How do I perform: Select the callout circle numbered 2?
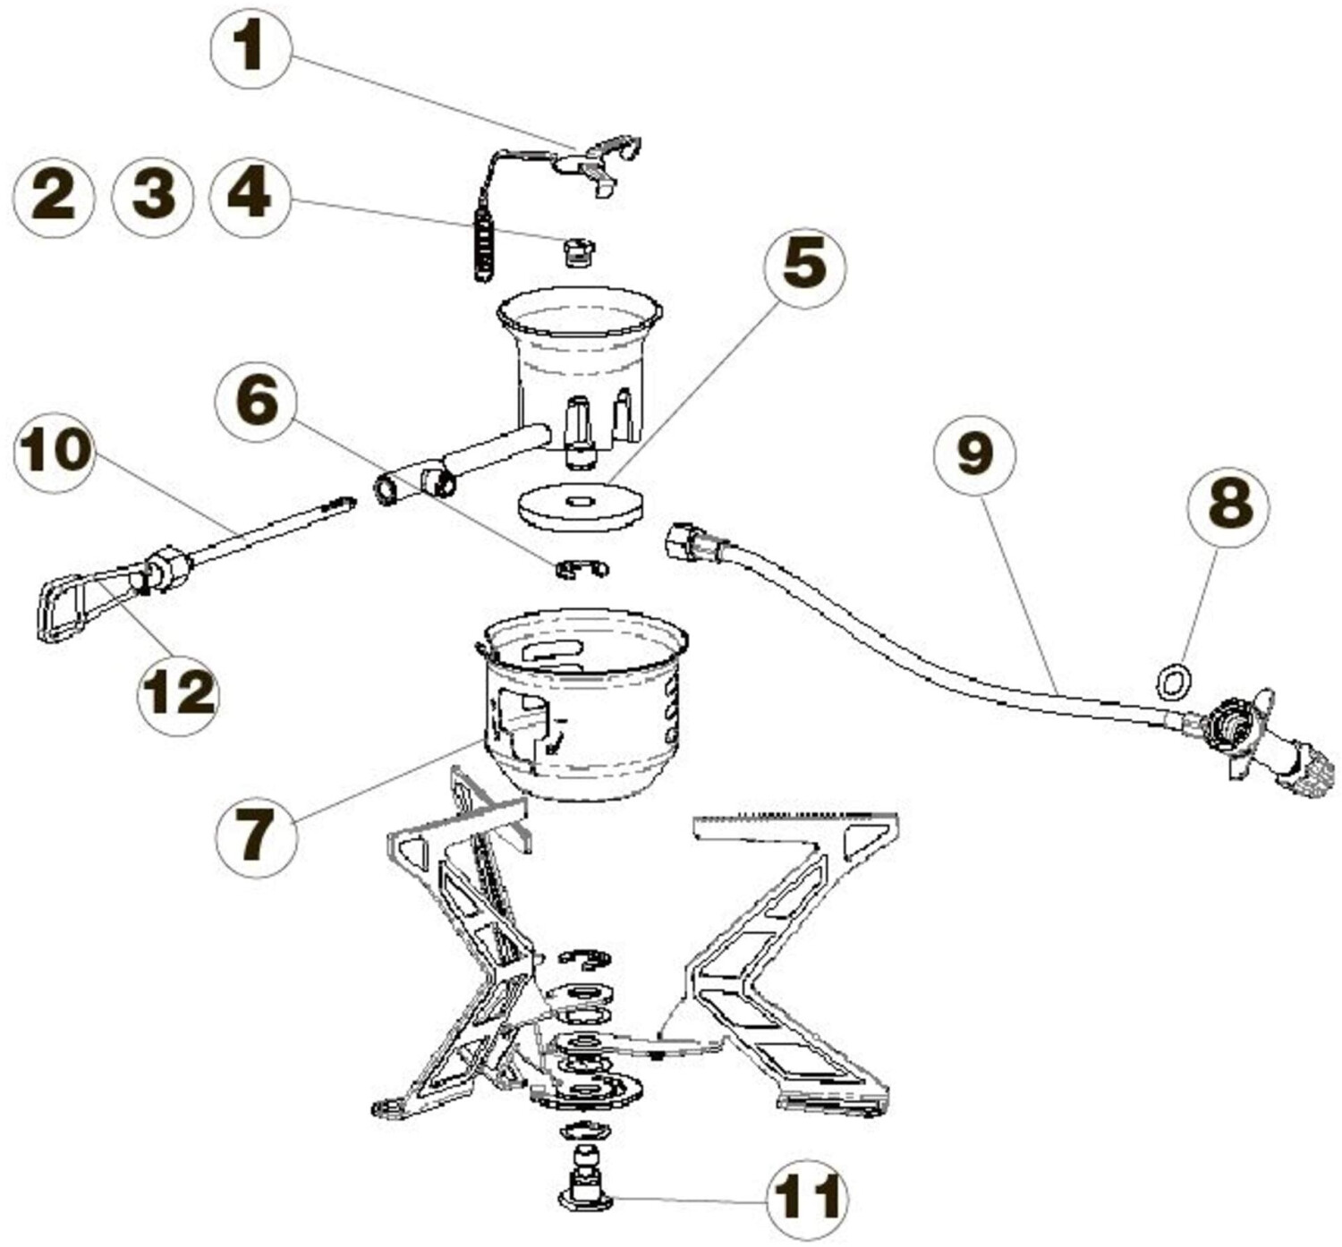click(x=54, y=197)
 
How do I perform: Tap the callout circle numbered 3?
click(x=153, y=197)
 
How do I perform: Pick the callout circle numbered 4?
click(x=251, y=197)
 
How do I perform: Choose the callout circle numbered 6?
click(x=257, y=403)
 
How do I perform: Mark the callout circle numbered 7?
click(x=256, y=836)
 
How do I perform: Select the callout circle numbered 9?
click(x=974, y=454)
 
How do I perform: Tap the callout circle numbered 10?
click(x=55, y=451)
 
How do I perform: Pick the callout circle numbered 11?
click(x=808, y=1198)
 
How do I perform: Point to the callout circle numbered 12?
click(x=178, y=693)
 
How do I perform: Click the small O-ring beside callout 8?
click(x=1173, y=683)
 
